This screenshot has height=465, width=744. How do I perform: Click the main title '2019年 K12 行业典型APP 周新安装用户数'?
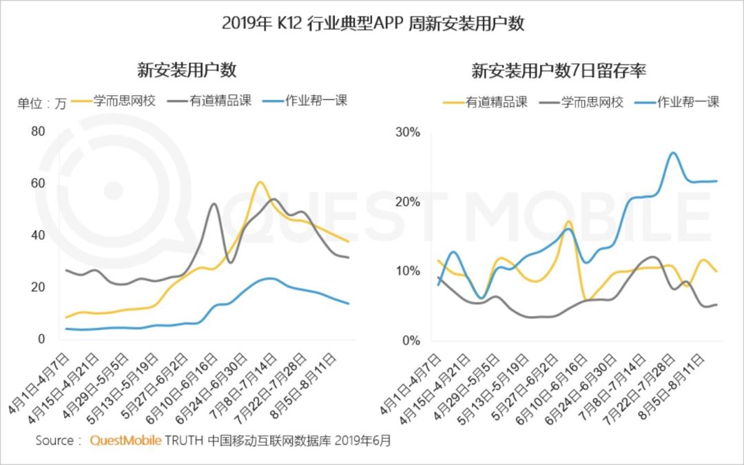[x=373, y=24]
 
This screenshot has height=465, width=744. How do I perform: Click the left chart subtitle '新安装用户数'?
[x=187, y=70]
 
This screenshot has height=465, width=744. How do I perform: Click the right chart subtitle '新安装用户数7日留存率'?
[x=558, y=70]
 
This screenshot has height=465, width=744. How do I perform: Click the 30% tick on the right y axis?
[x=407, y=132]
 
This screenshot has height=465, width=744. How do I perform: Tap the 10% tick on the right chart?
[x=407, y=271]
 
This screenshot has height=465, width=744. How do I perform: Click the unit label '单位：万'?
[x=42, y=104]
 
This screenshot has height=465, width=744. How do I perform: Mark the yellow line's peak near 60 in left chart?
[x=259, y=183]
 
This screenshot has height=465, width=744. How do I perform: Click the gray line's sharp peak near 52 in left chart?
[x=214, y=204]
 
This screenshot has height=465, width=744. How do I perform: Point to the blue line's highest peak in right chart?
[x=673, y=153]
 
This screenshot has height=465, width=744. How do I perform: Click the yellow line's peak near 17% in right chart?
[x=568, y=222]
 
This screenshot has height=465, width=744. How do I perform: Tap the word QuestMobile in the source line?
[x=126, y=440]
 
